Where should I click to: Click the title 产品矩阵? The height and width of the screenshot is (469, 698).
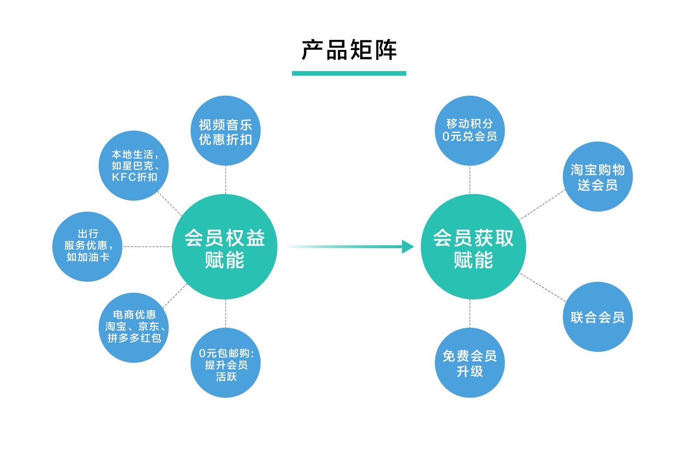point(349,50)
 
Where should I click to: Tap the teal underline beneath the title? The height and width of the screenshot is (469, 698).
point(349,73)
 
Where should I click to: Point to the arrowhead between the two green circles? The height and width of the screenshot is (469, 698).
point(408,246)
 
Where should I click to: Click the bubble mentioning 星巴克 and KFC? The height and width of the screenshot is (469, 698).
point(134,165)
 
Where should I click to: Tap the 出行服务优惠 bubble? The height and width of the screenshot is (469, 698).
point(88,246)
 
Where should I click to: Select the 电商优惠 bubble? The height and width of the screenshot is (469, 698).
point(134,327)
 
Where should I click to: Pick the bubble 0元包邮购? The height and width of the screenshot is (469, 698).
point(226,363)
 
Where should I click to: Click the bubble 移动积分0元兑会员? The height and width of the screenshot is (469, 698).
point(470,131)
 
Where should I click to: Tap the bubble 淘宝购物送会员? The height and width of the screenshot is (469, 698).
point(597,177)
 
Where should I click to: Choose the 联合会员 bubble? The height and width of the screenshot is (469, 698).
point(597,317)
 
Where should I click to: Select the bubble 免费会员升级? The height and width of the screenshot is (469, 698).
point(470,363)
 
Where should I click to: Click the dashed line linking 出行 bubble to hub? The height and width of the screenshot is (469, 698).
point(147,246)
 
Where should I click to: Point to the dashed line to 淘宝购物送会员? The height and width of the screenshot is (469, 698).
point(542,205)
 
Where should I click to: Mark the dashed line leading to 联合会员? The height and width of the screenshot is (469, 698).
point(543,287)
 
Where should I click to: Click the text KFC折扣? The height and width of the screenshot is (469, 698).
point(135,177)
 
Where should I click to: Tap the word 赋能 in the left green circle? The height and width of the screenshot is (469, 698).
point(225,260)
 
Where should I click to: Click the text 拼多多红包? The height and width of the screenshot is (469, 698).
point(134,338)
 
